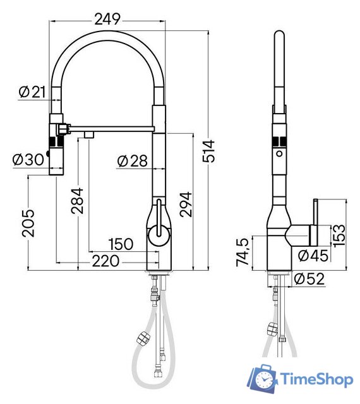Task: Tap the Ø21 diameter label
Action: (x=32, y=92)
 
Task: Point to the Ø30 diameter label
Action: (x=28, y=160)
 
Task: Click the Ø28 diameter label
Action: (x=131, y=162)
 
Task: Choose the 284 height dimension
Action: (x=77, y=200)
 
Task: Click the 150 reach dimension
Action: (x=121, y=244)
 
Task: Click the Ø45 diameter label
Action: (x=309, y=256)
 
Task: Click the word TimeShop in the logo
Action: (x=316, y=380)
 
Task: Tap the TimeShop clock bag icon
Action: (x=262, y=379)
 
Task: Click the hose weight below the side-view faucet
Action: (x=272, y=328)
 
